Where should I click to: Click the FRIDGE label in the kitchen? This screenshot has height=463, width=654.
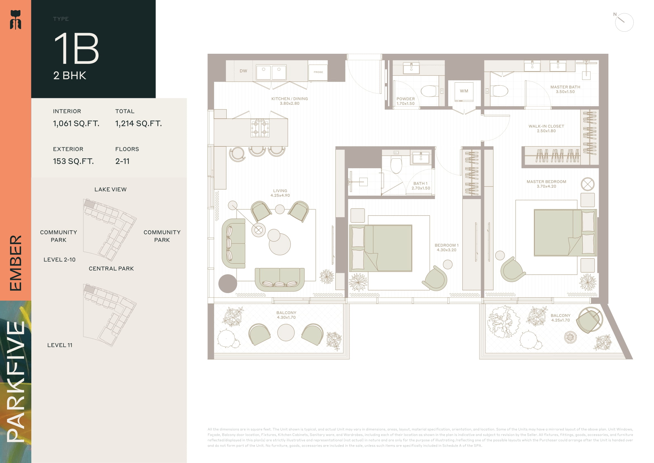tap(318, 72)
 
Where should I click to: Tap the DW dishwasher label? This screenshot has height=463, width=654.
tap(243, 71)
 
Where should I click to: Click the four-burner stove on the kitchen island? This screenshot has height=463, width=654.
tap(260, 128)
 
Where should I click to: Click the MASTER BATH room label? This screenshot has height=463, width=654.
tap(565, 87)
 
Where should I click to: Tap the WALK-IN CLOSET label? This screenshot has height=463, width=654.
tap(546, 126)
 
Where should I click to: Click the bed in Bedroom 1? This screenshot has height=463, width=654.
tap(381, 248)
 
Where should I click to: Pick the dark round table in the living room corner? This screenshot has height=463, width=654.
tap(228, 284)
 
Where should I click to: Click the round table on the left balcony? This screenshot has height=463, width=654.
tap(286, 333)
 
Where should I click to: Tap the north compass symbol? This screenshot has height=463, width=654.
tap(624, 22)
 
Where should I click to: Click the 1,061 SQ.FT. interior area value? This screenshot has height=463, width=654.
tap(76, 123)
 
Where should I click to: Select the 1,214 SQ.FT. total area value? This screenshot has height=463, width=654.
tap(138, 123)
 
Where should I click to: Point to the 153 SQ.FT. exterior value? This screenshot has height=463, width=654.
tap(73, 161)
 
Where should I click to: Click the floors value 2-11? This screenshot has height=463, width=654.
tap(122, 161)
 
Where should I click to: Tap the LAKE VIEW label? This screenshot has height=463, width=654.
tap(110, 190)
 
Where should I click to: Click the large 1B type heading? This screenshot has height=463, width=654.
tap(76, 48)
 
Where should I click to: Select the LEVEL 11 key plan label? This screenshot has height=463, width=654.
tap(60, 345)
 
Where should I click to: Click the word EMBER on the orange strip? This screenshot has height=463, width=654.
tap(16, 263)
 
